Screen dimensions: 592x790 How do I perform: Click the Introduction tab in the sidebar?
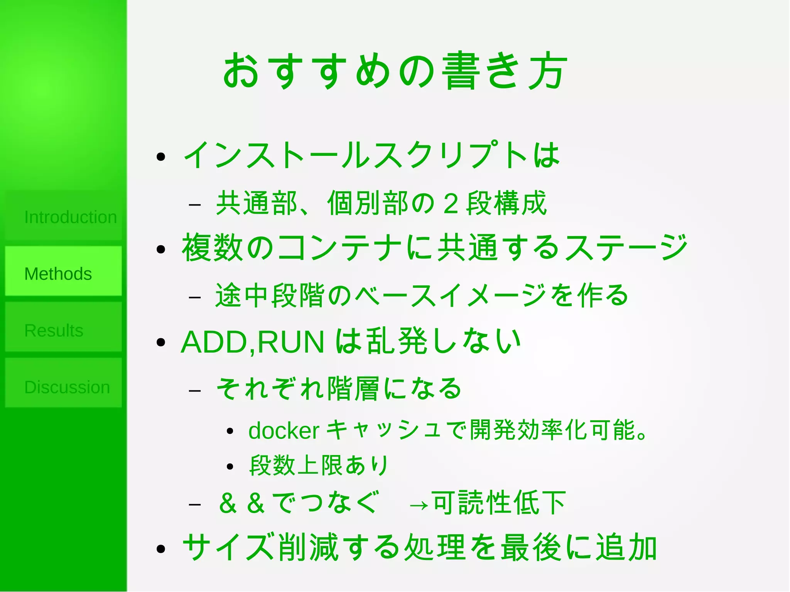(x=64, y=217)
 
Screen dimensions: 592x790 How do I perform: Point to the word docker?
(x=284, y=431)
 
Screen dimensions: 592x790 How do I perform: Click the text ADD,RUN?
(x=253, y=342)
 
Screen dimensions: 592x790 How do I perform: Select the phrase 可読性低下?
(x=499, y=503)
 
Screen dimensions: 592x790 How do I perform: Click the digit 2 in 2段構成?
(x=451, y=204)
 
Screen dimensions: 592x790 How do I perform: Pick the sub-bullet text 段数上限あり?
(x=319, y=466)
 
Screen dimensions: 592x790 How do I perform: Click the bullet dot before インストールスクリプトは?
(x=161, y=157)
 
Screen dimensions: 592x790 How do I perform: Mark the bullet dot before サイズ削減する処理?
(x=161, y=549)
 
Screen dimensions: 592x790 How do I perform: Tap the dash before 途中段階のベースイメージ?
(x=195, y=297)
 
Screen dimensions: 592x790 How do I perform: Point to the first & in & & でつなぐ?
(x=228, y=503)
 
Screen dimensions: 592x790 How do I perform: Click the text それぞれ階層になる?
(x=339, y=388)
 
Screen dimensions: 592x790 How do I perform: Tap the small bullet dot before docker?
(x=230, y=432)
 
